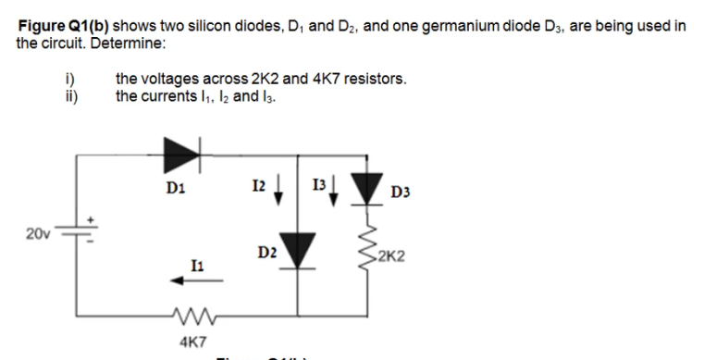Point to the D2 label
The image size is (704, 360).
(267, 252)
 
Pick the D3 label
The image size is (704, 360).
(401, 192)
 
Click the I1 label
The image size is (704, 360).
(190, 266)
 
